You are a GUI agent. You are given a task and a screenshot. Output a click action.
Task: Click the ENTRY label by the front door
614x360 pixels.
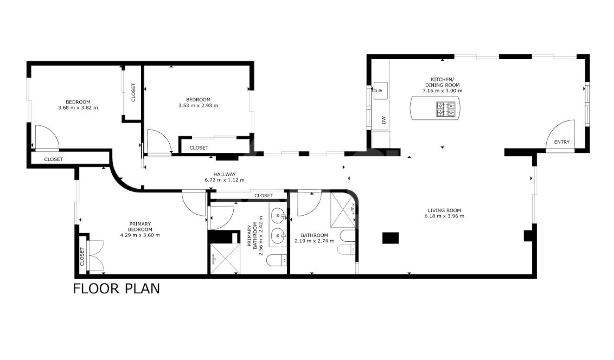pyautogui.click(x=561, y=142)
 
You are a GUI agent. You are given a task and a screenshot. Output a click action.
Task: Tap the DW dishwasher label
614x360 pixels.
pyautogui.click(x=384, y=120)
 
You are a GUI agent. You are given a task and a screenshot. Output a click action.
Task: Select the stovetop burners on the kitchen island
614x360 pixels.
pyautogui.click(x=446, y=109)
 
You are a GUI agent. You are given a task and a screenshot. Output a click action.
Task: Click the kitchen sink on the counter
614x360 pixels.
pyautogui.click(x=380, y=91)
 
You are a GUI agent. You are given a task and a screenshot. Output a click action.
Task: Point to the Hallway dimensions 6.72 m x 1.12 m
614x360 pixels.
pyautogui.click(x=225, y=180)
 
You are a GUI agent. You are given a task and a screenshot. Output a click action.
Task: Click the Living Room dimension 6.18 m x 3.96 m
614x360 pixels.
pyautogui.click(x=444, y=216)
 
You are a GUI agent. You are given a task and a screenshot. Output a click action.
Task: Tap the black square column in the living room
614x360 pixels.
pyautogui.click(x=391, y=238)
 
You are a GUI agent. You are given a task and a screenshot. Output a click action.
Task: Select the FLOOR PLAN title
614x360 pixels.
pyautogui.click(x=116, y=289)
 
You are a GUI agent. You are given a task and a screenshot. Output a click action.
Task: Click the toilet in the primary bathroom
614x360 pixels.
pyautogui.click(x=277, y=260)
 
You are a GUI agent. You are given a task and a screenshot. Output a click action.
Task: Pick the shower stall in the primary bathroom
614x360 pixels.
pyautogui.click(x=224, y=259)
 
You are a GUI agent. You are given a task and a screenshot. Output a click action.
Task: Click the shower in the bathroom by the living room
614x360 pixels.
pyautogui.click(x=343, y=210)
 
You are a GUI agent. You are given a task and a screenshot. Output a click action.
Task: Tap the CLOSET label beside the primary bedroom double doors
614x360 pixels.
pyautogui.click(x=82, y=256)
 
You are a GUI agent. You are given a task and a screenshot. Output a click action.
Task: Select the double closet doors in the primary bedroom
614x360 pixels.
pyautogui.click(x=96, y=256)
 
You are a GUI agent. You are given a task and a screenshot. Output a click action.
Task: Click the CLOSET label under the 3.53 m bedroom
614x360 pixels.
pyautogui.click(x=199, y=147)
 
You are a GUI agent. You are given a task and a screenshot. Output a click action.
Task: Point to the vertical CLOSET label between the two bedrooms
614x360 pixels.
pyautogui.click(x=133, y=92)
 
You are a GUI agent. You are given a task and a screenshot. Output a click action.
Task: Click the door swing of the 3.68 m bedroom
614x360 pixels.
pyautogui.click(x=46, y=137)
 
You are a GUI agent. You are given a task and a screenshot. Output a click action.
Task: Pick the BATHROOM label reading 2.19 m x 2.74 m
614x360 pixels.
pyautogui.click(x=315, y=238)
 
